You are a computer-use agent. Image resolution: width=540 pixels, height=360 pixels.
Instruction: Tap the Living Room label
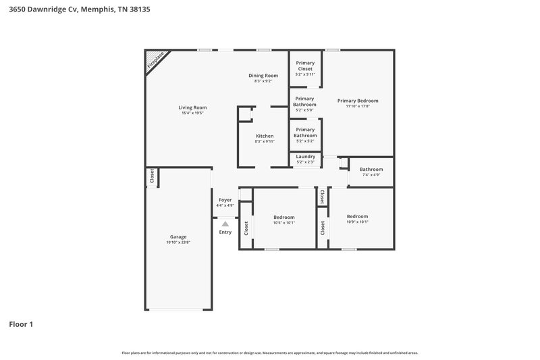(x=192, y=107)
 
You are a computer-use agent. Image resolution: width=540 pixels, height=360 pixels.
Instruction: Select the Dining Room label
(x=263, y=76)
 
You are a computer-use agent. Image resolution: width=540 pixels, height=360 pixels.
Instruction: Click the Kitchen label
(x=264, y=136)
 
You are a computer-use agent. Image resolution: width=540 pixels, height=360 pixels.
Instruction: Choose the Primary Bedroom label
(x=358, y=101)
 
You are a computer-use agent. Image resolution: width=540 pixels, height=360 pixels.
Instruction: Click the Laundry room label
(x=305, y=157)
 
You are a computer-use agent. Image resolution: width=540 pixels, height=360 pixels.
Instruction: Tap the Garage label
(x=178, y=237)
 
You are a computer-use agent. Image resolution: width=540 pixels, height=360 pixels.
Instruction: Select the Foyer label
(x=225, y=200)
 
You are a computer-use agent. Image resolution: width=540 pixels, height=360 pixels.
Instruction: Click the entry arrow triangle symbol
(x=225, y=223)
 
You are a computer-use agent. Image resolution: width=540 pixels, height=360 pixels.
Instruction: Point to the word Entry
(x=225, y=232)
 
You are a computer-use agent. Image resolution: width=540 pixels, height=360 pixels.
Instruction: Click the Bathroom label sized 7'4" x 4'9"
(x=371, y=170)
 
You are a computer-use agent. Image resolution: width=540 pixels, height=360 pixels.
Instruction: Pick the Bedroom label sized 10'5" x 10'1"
(x=284, y=217)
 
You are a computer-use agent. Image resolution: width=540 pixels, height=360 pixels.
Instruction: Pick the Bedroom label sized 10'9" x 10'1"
(x=357, y=216)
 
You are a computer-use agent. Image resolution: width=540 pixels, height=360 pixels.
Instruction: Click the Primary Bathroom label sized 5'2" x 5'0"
(x=305, y=101)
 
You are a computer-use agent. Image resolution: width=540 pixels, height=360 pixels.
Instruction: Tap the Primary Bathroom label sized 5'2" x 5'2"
(x=305, y=132)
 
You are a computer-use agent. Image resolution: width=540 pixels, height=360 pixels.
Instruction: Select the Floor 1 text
(x=21, y=324)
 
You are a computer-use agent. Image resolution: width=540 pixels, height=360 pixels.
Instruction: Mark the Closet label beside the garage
(x=152, y=176)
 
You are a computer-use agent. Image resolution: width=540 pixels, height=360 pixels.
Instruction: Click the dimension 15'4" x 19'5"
(x=192, y=113)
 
